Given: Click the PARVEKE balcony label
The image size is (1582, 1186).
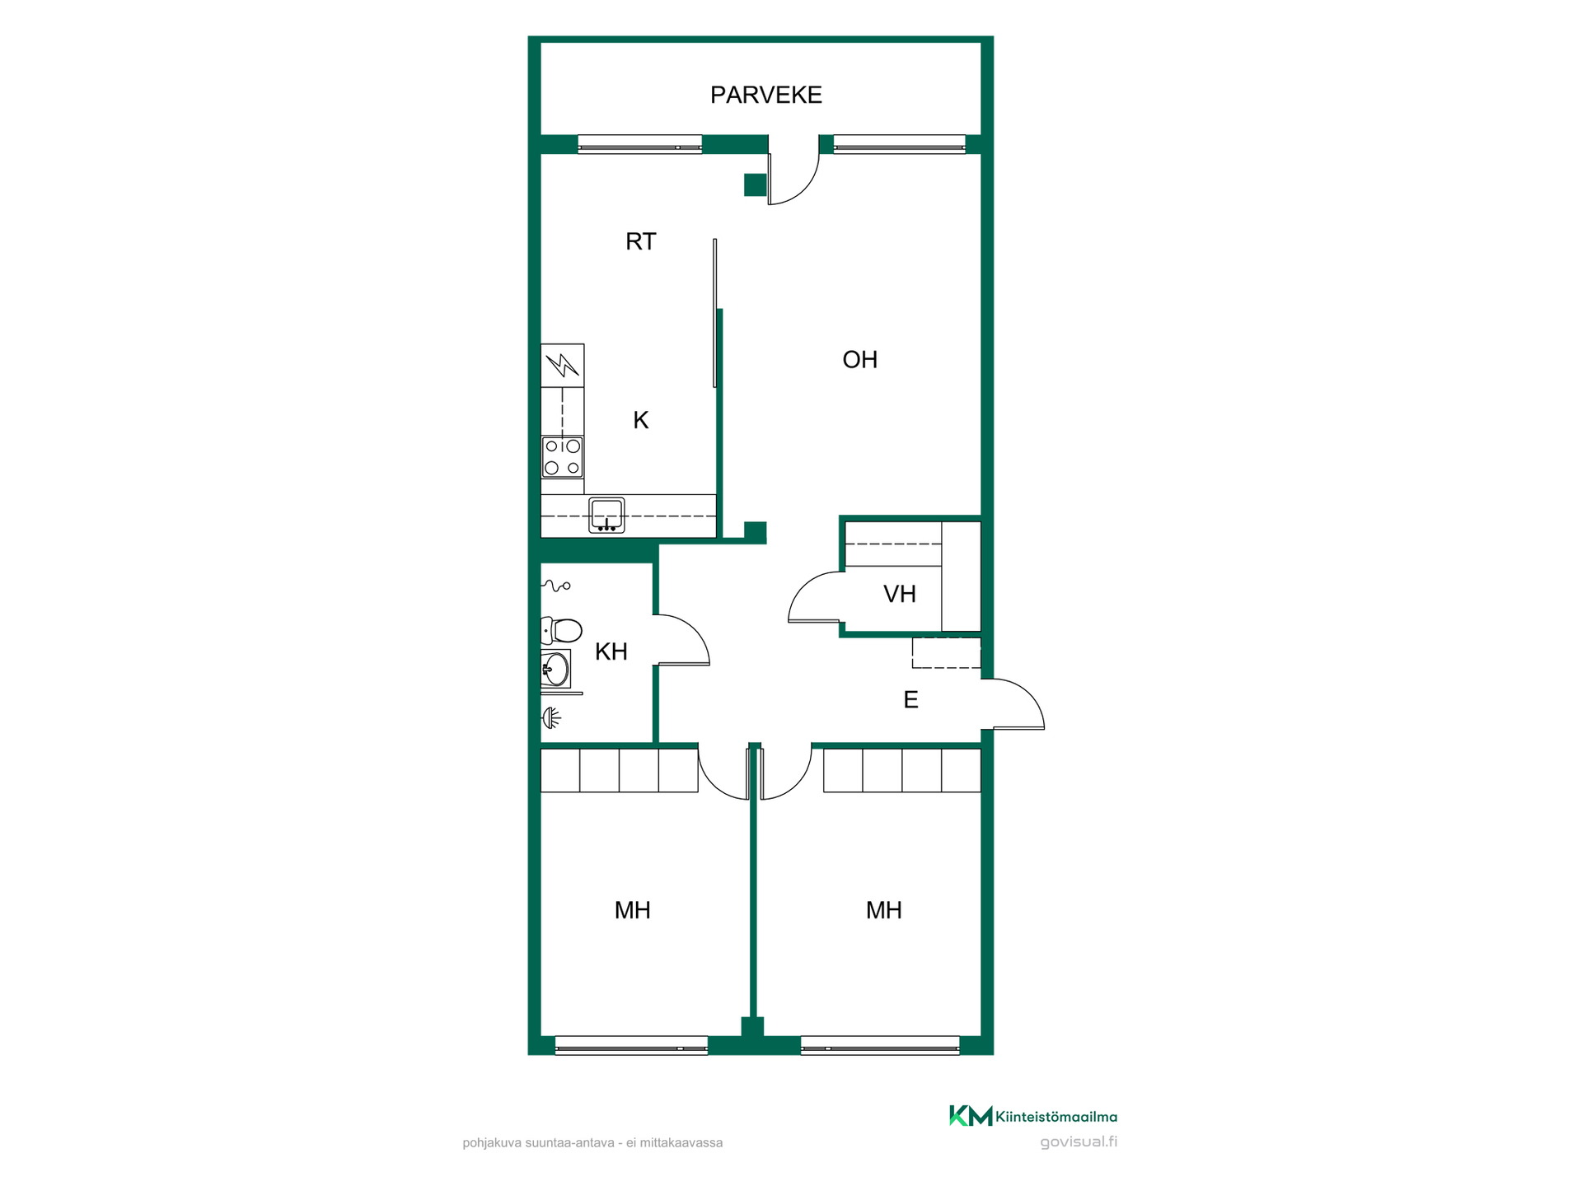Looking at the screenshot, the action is (765, 95).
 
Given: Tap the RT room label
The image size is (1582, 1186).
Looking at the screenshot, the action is (640, 241).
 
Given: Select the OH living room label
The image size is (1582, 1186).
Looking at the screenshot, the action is (859, 359).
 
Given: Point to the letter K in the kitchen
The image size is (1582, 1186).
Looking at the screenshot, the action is (640, 420).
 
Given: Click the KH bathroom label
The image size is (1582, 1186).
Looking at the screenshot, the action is (611, 651).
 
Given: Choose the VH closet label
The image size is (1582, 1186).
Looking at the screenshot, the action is (899, 594).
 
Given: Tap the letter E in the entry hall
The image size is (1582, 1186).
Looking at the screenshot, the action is (910, 699).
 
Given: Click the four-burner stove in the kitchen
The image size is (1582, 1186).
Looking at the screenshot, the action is (563, 457).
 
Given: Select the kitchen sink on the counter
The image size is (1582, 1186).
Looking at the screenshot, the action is (606, 516).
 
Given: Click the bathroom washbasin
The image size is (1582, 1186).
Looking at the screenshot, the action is (556, 669).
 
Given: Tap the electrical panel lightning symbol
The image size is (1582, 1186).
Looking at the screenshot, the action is (563, 365).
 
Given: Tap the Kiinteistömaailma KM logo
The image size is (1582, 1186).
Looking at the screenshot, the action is (1033, 1116).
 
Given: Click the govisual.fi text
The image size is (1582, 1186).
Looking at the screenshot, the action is (1079, 1142).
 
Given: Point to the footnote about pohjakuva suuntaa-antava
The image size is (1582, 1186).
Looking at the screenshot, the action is (592, 1142).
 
